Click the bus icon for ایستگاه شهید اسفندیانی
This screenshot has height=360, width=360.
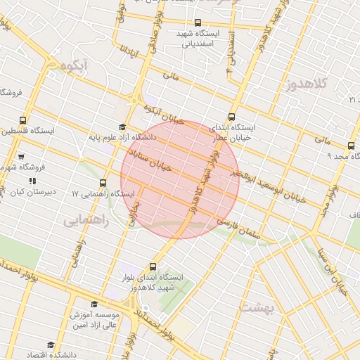pyautogui.click(x=198, y=22)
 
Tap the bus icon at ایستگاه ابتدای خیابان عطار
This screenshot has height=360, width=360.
pyautogui.click(x=233, y=117)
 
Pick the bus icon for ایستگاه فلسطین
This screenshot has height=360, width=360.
pyautogui.click(x=23, y=120)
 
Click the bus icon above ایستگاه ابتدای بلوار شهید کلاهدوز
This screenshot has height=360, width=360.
pyautogui.click(x=154, y=266)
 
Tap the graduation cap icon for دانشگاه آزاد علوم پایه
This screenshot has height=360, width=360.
pyautogui.click(x=122, y=128)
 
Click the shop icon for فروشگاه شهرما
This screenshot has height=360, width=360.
pyautogui.click(x=21, y=157)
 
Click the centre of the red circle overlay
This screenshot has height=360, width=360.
pyautogui.click(x=180, y=179)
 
